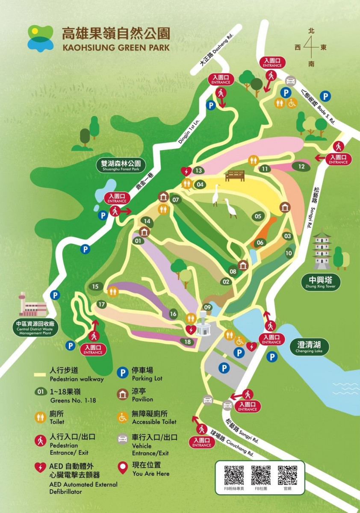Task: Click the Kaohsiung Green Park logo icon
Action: point(41,38)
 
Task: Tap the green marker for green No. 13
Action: point(198,171)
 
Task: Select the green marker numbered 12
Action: point(302,166)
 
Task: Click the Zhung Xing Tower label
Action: point(320,283)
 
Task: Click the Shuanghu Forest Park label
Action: point(121,166)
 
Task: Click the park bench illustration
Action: point(235,175)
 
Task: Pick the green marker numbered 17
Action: point(101,304)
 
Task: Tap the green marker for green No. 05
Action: point(258,216)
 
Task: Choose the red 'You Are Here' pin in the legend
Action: point(123,469)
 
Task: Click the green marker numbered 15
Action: point(95,286)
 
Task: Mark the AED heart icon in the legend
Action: point(41,468)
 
